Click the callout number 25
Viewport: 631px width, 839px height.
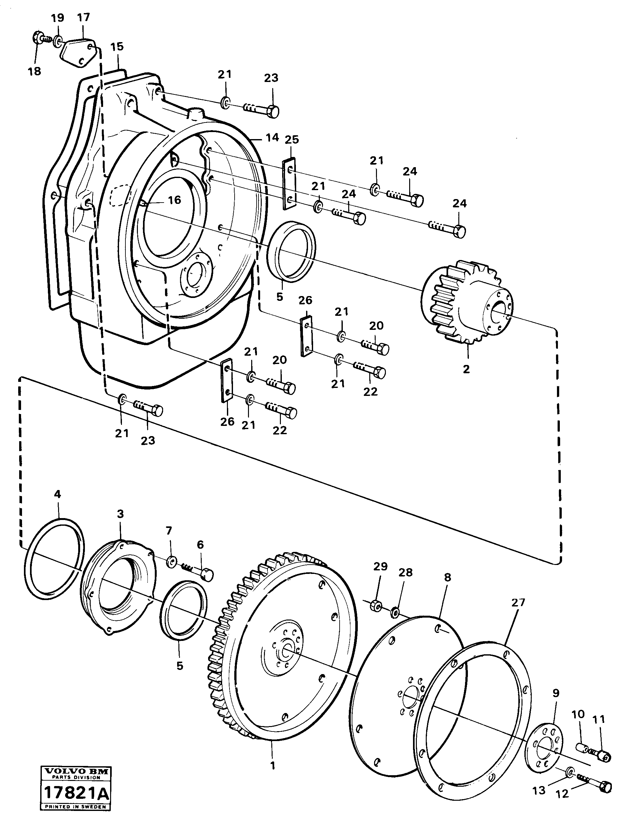tap(292, 140)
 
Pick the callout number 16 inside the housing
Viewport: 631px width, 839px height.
tap(175, 200)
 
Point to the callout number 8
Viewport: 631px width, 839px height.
tap(447, 577)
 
